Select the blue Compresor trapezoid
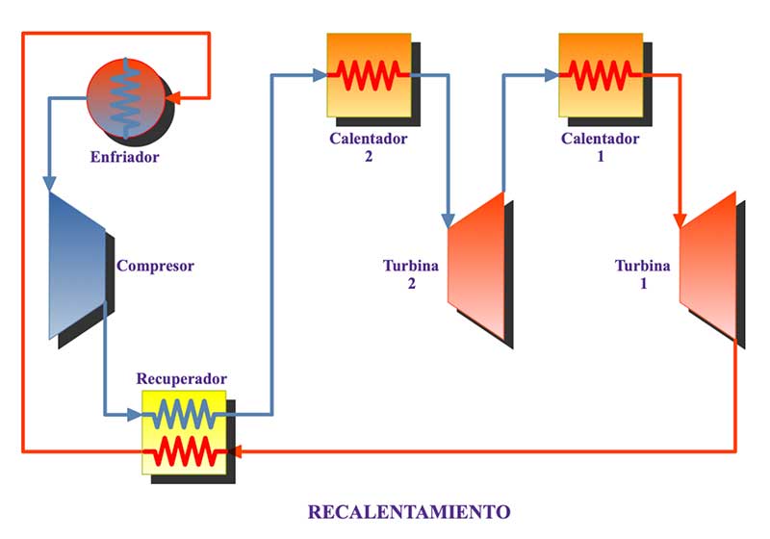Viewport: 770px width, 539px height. pyautogui.click(x=78, y=266)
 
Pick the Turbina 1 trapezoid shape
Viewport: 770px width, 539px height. pyautogui.click(x=708, y=266)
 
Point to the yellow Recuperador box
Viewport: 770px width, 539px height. pyautogui.click(x=184, y=432)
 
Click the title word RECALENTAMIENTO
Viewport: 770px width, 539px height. pyautogui.click(x=409, y=511)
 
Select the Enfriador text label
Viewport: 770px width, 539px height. pyautogui.click(x=125, y=157)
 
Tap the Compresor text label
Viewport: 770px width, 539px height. pyautogui.click(x=155, y=266)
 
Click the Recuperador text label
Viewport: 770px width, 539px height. pyautogui.click(x=182, y=378)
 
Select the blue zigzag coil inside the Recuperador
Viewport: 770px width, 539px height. pyautogui.click(x=184, y=415)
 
